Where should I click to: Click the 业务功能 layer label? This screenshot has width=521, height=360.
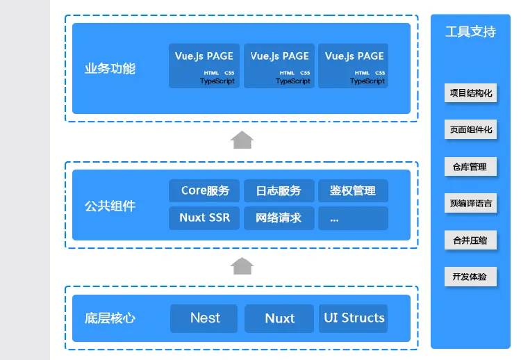(x=110, y=69)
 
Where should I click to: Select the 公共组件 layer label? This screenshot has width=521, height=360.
(x=110, y=206)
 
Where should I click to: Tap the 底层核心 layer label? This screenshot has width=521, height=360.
(x=110, y=318)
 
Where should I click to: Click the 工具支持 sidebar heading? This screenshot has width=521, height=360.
(x=470, y=32)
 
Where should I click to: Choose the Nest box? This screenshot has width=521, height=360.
(x=204, y=318)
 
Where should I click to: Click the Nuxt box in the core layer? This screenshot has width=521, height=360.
(x=279, y=318)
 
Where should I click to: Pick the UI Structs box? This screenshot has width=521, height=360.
(x=354, y=318)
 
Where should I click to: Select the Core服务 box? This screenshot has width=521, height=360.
(x=204, y=190)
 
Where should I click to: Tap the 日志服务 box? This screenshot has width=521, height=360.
(x=279, y=190)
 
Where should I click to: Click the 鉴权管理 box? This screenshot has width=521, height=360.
(x=353, y=190)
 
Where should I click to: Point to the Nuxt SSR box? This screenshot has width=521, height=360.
(x=204, y=218)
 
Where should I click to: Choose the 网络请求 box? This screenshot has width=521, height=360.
(x=279, y=218)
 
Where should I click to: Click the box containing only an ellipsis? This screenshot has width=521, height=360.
(x=353, y=218)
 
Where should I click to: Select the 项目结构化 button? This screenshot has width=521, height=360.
(x=470, y=92)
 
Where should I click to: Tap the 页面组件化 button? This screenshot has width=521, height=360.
(x=470, y=129)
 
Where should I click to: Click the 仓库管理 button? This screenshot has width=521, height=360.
(x=470, y=167)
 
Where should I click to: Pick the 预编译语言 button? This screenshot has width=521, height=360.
(x=470, y=204)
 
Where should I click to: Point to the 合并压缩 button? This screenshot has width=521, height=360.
(x=470, y=240)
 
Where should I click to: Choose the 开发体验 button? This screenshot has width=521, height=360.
(x=470, y=277)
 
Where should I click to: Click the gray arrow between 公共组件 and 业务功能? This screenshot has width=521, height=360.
(x=242, y=140)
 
